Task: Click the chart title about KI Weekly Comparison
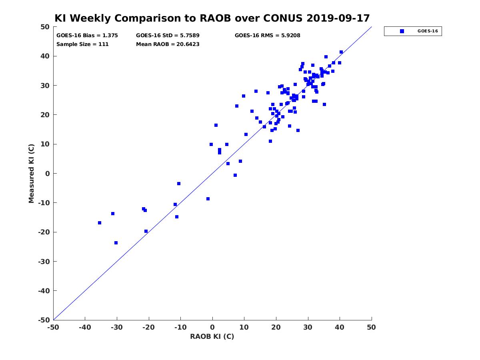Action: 212,18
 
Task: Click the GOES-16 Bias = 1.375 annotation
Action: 87,36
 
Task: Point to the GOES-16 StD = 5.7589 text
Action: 168,36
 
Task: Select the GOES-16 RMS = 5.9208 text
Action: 267,36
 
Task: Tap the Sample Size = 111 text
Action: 82,44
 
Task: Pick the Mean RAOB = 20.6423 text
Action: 168,44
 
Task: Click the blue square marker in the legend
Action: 402,31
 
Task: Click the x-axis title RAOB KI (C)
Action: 212,336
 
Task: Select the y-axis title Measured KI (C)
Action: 31,173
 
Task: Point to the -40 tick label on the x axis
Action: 85,327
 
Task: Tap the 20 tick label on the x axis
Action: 276,327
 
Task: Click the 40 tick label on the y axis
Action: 45,56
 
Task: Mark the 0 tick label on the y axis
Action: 48,174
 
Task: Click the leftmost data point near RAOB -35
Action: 100,223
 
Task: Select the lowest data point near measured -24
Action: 116,243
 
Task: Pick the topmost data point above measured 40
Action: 341,52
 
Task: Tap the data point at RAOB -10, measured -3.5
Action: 179,184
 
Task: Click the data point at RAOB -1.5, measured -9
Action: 208,199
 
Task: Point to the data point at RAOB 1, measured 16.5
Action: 216,125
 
